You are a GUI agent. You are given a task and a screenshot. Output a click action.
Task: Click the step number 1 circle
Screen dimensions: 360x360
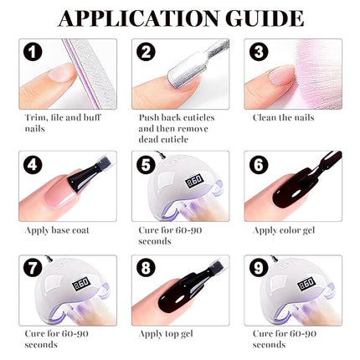pos(33,54)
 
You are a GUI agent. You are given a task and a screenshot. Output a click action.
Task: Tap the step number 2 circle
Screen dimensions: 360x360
pos(147,54)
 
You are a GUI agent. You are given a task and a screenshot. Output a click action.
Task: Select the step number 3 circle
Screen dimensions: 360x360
pos(259,54)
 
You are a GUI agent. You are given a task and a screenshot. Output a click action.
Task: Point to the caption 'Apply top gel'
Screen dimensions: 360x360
pos(167,333)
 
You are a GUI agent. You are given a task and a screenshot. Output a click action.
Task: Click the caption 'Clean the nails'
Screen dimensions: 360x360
pos(283,117)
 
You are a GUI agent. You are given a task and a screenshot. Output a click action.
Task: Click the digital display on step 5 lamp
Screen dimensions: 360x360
pos(172,179)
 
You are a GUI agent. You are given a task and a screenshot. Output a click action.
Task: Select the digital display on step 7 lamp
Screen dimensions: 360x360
pos(59,285)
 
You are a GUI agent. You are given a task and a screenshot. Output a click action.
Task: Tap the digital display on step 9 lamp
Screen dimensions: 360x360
pos(283,285)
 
